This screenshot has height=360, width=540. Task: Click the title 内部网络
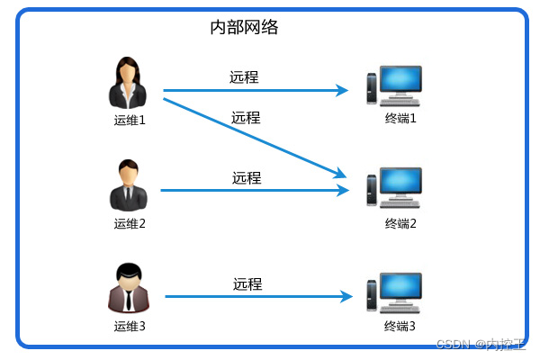coord(244,27)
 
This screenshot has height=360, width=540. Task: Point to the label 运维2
coord(130,223)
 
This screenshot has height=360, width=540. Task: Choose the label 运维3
coord(130,326)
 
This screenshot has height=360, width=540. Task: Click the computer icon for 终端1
coord(393,88)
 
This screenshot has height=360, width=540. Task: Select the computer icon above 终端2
coord(393,190)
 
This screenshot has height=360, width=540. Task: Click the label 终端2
coord(400,223)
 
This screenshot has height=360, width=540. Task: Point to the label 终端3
coord(400,326)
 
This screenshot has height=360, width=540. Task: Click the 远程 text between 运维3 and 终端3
coord(247,284)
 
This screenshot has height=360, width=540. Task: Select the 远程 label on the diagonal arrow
coord(246,117)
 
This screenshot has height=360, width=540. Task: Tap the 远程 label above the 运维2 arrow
coord(247,178)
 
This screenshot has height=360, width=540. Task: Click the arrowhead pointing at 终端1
coord(342,90)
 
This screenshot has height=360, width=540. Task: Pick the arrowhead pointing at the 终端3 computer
coord(345,296)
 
